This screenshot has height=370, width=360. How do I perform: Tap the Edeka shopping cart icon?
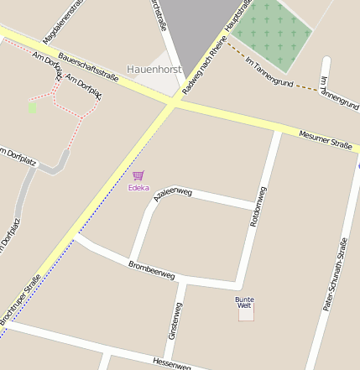pos(138,175)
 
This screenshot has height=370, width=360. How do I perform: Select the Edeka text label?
pos(138,187)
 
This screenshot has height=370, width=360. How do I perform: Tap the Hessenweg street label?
pos(173,362)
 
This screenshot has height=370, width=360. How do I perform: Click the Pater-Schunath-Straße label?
pos(336,275)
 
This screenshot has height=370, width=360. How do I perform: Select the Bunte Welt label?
pos(244,302)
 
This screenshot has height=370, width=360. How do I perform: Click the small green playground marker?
pos(32,107)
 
